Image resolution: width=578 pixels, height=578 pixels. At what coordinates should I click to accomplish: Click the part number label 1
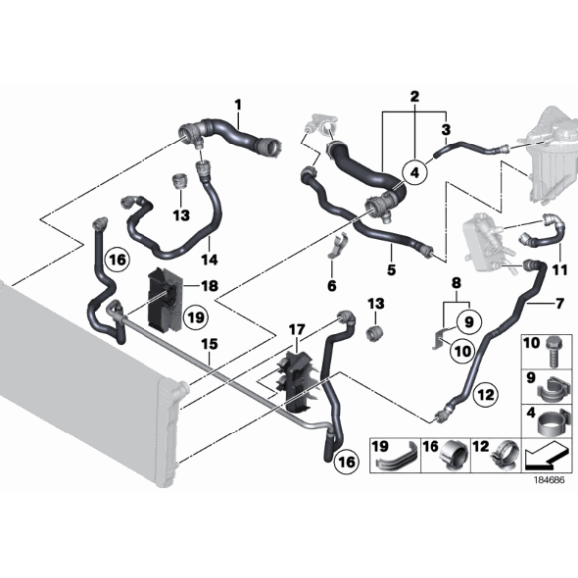click(238, 105)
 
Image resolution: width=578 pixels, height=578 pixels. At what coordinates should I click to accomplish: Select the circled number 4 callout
click(415, 172)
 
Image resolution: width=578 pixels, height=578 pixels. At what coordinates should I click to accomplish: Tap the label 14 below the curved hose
click(209, 260)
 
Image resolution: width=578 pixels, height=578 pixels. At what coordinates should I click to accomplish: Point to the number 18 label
click(209, 286)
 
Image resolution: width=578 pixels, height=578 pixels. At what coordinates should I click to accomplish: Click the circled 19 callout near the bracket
click(195, 317)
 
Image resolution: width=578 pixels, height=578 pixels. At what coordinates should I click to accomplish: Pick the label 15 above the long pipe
click(209, 344)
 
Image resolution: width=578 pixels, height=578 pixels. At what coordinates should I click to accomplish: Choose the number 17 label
click(297, 329)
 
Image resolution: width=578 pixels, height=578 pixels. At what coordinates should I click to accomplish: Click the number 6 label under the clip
click(332, 285)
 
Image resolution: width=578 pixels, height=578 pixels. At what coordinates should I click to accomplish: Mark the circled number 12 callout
click(486, 395)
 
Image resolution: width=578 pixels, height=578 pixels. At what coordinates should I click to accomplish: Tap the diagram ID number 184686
click(549, 480)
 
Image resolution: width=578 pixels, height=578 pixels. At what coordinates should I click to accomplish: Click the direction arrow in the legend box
click(546, 457)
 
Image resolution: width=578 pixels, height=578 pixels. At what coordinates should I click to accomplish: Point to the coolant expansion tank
click(550, 155)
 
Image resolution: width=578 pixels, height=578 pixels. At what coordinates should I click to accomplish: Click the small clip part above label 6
click(337, 246)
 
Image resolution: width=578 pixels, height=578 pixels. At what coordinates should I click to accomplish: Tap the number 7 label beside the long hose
click(560, 303)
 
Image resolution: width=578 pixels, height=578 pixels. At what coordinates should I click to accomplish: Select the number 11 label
click(560, 270)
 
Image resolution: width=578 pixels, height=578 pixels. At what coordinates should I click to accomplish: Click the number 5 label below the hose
click(391, 269)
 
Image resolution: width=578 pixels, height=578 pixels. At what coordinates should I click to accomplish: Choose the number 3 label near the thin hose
click(446, 129)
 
